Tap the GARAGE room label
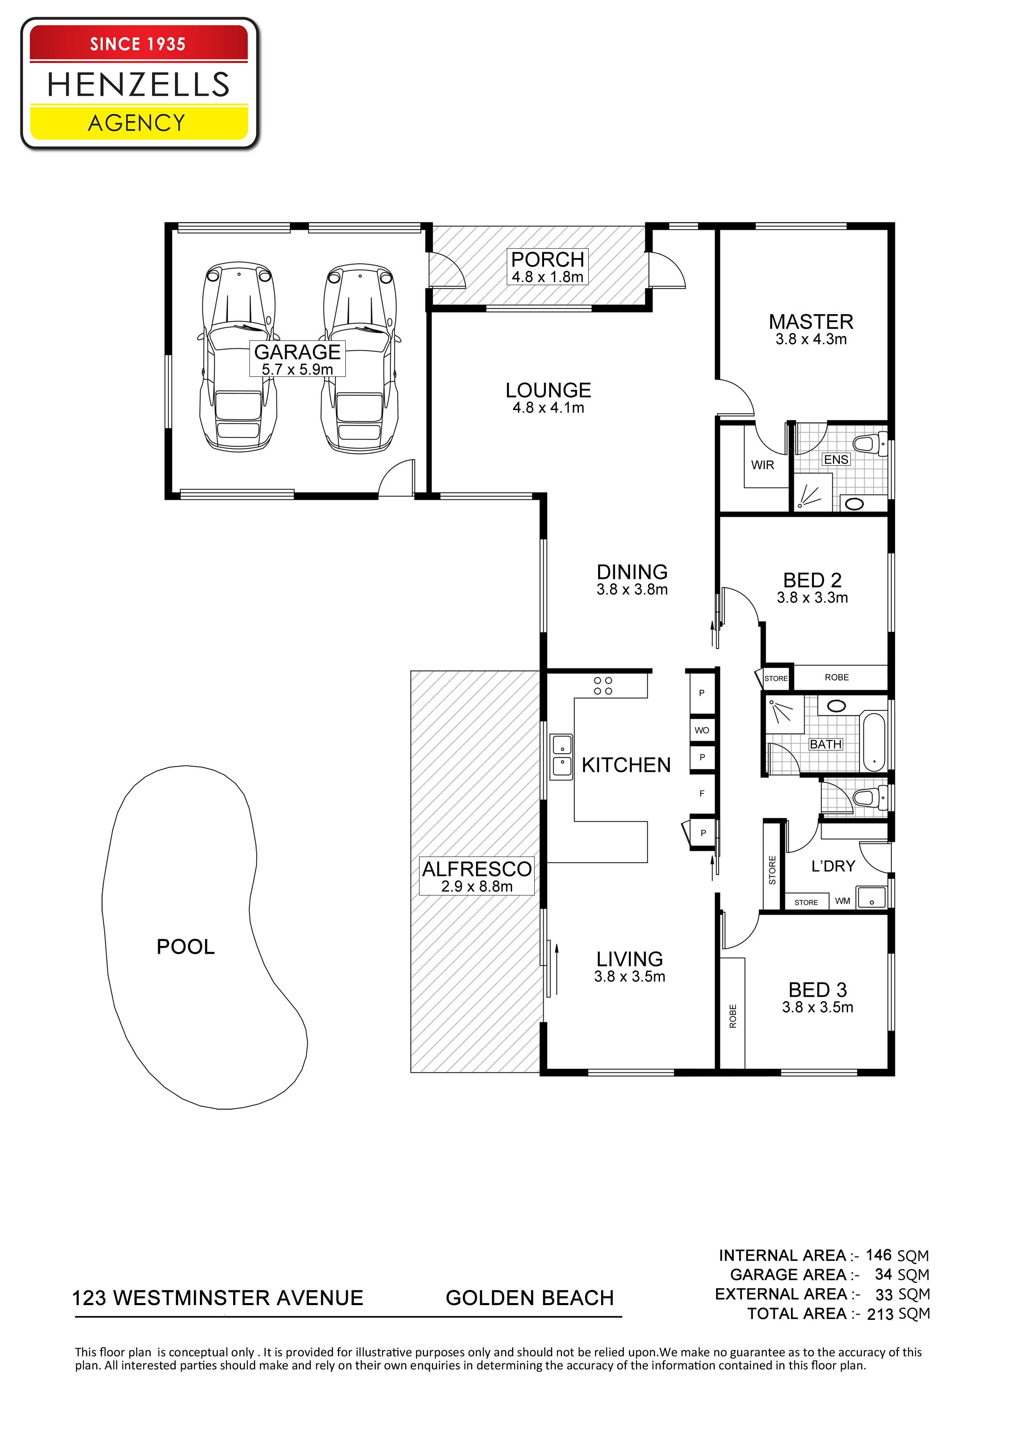point(297,352)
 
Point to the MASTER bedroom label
point(811,322)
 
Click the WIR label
point(762,465)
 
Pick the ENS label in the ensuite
point(836,459)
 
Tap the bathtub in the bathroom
point(874,742)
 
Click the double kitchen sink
point(562,757)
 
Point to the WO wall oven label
point(702,730)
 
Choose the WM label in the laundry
point(843,901)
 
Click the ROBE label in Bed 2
point(837,677)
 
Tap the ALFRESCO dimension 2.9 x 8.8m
point(476,887)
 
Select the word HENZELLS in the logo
point(138,84)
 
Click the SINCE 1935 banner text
point(138,44)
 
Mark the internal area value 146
point(879,1254)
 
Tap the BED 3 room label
point(818,990)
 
